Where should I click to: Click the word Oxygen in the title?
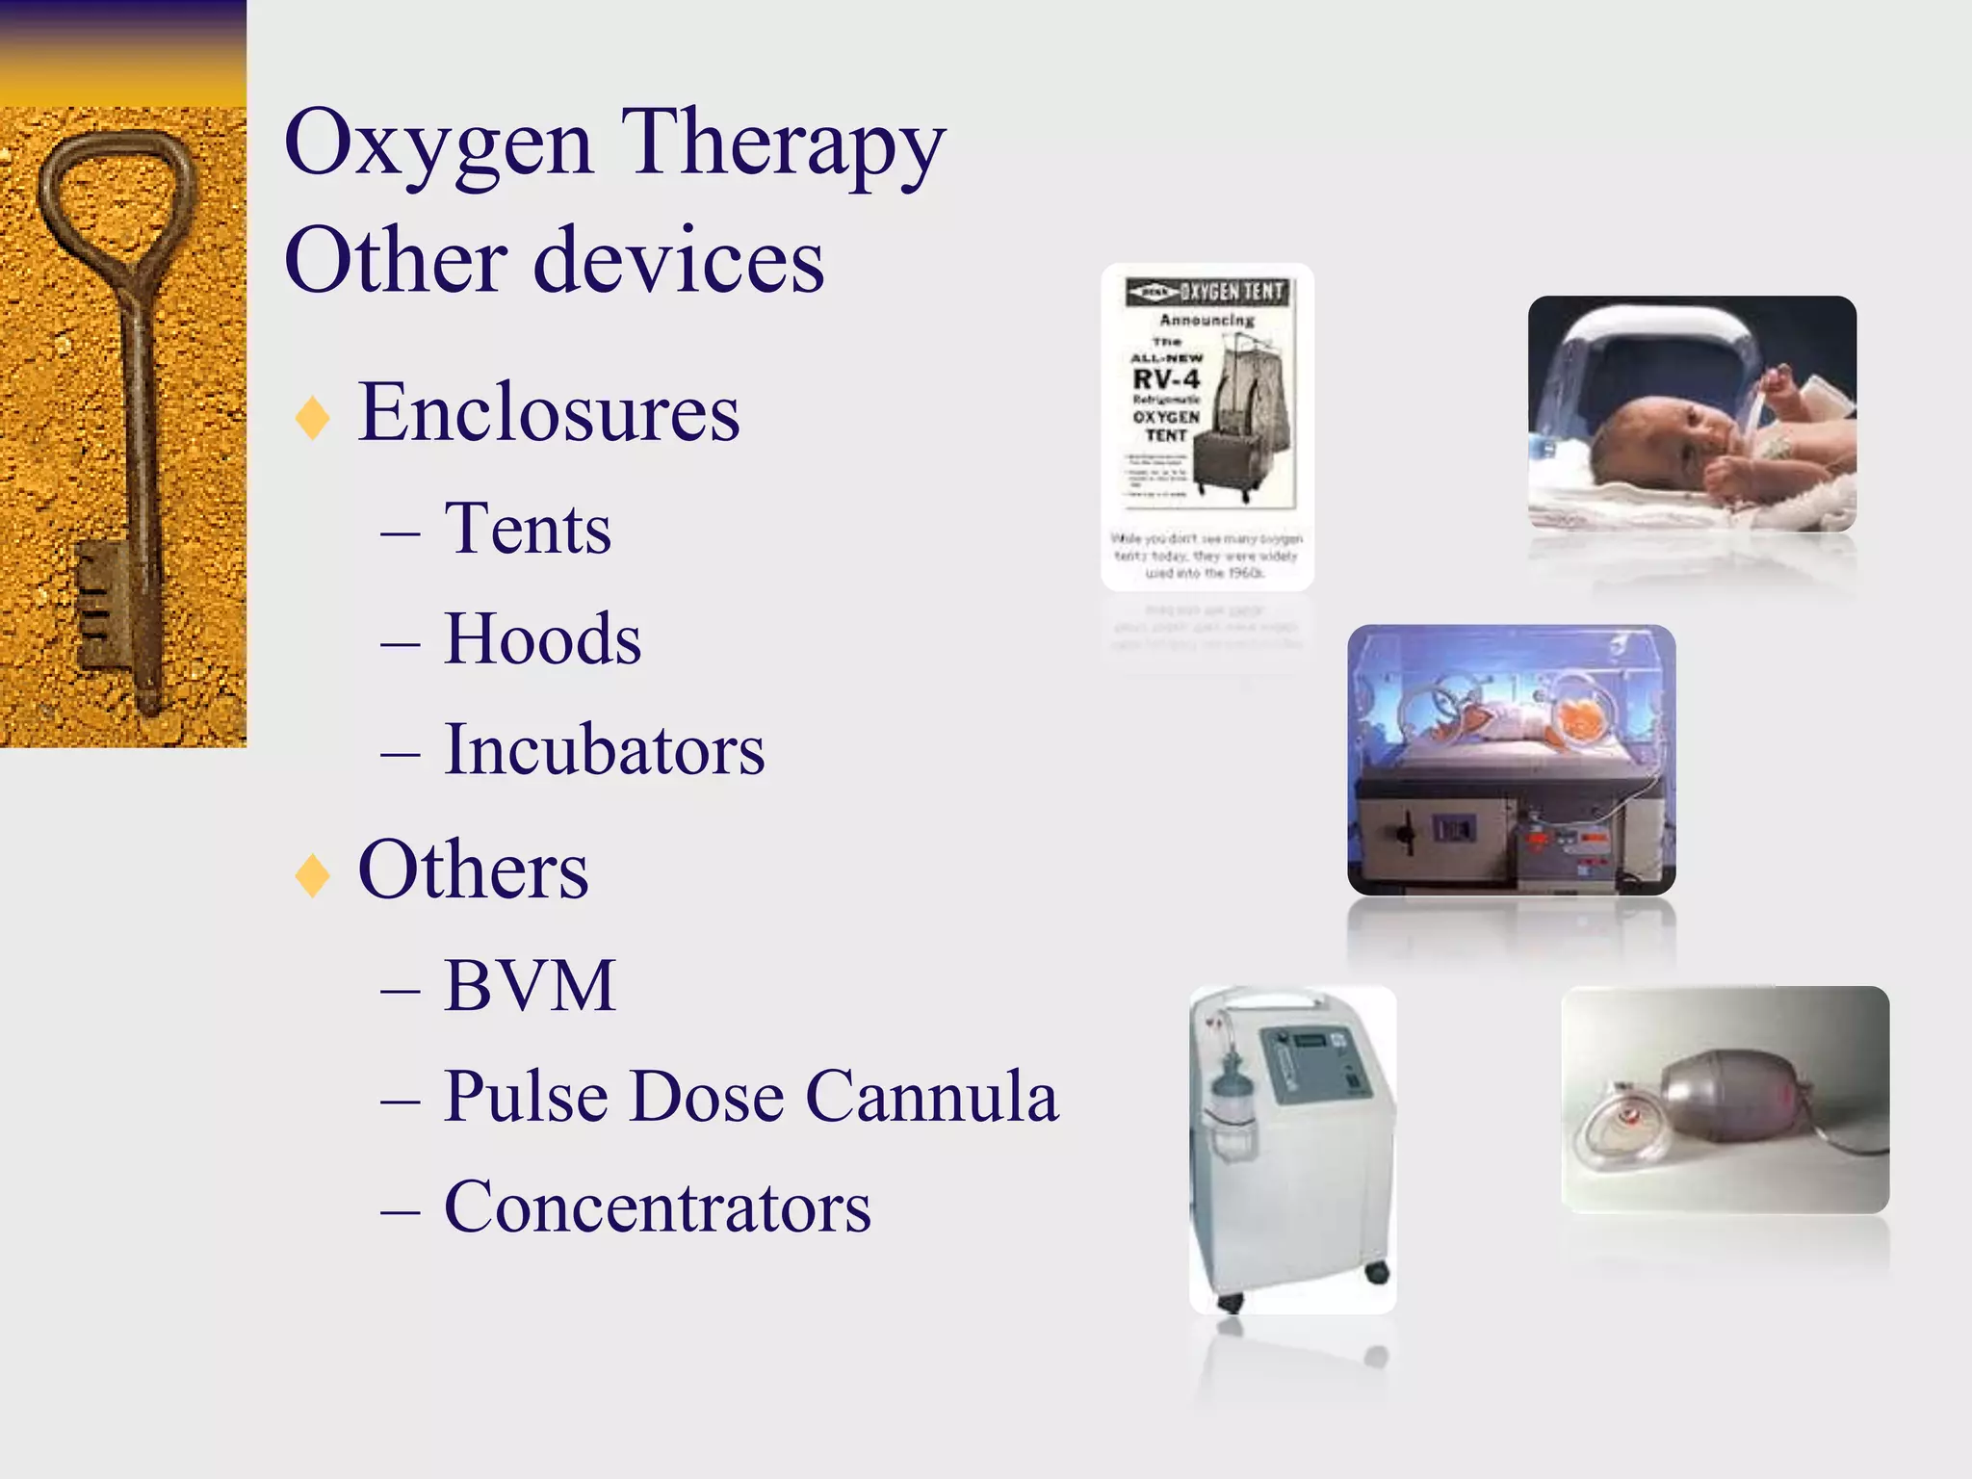[x=438, y=144]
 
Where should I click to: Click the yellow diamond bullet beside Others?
[x=313, y=875]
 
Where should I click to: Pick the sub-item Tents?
[x=528, y=529]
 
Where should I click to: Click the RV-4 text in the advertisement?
[x=1166, y=378]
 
